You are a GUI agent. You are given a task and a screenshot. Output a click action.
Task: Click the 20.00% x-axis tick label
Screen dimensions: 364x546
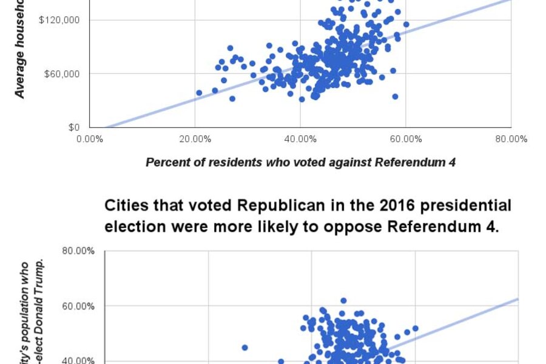pos(195,139)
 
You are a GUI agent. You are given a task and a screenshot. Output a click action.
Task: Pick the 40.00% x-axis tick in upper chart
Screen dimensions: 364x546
pos(301,139)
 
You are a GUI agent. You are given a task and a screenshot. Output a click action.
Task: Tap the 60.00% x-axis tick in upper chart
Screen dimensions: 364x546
pos(406,139)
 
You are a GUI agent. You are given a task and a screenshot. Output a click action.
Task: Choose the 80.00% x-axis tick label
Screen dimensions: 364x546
pos(511,139)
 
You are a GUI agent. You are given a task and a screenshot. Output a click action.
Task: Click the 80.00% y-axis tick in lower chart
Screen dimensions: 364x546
pos(79,251)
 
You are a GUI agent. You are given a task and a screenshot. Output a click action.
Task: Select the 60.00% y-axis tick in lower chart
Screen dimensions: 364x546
pos(79,306)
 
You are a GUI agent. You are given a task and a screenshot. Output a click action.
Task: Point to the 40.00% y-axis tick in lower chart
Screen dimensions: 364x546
pos(79,360)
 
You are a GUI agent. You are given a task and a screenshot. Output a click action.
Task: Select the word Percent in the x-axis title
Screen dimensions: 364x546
pos(166,162)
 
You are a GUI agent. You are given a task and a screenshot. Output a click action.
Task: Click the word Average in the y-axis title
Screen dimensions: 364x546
pos(21,75)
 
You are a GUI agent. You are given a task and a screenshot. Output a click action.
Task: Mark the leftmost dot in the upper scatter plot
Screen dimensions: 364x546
pos(199,93)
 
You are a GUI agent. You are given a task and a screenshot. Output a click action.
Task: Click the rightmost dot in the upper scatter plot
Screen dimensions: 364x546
pos(406,24)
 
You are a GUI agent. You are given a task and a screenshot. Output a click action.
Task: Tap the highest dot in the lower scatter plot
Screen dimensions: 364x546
pos(343,300)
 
